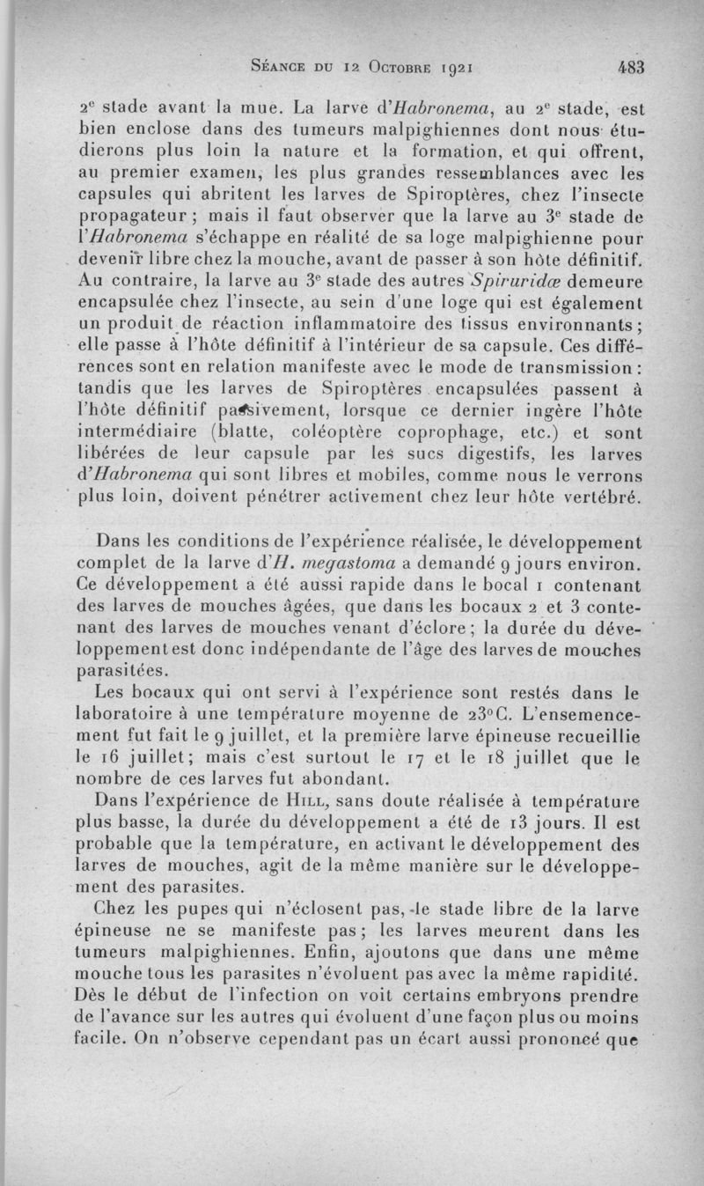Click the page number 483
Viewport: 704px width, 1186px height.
pyautogui.click(x=631, y=64)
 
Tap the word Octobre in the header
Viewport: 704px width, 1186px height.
pyautogui.click(x=387, y=65)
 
